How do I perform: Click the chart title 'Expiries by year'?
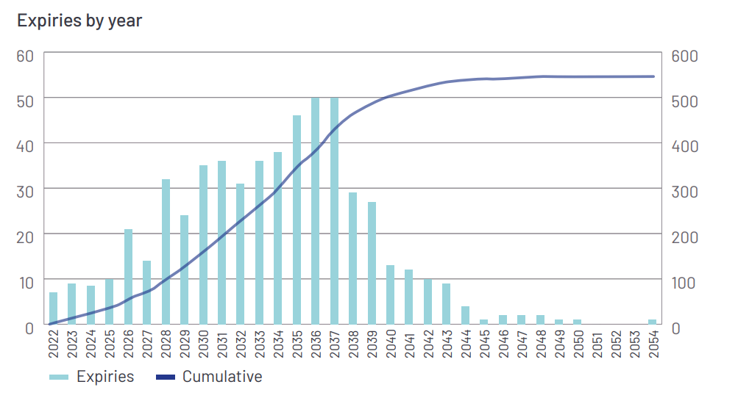tap(79, 21)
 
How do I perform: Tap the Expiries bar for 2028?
tap(166, 252)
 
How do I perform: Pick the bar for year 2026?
tap(128, 277)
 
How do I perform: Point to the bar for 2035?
tap(297, 220)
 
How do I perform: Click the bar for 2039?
tap(372, 263)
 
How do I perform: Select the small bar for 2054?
tap(652, 322)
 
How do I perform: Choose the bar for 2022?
tap(53, 308)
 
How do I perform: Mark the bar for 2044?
tap(465, 315)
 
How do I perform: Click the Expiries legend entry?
tap(92, 377)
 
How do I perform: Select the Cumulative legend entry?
tap(210, 377)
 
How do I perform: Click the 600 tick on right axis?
tap(684, 56)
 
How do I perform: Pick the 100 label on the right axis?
tap(684, 282)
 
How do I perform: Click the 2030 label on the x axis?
tap(203, 345)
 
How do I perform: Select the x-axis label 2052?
tap(615, 345)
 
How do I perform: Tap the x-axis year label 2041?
tap(409, 345)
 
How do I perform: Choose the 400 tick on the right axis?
tap(684, 146)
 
